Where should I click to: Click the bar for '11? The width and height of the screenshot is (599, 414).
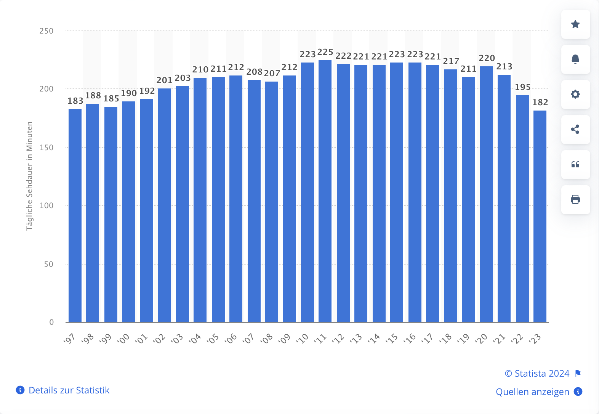click(325, 191)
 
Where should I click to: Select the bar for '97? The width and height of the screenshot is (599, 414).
click(75, 215)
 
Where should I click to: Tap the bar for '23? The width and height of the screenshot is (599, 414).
click(540, 216)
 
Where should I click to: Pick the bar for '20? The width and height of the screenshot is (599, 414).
click(487, 194)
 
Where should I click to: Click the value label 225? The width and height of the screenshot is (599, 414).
click(325, 52)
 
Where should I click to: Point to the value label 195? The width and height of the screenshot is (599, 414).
click(523, 87)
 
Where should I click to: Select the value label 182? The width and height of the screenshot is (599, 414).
click(540, 103)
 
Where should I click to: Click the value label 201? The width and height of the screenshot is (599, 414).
click(165, 80)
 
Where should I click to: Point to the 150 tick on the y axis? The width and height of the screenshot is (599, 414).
click(46, 148)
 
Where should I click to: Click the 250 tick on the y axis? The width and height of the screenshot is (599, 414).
click(46, 31)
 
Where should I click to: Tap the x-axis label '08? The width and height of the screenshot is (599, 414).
click(266, 338)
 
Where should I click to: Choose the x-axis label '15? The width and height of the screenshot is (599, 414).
click(391, 338)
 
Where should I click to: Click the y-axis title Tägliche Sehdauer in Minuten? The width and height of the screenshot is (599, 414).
click(30, 176)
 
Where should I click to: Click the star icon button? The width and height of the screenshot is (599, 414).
click(575, 24)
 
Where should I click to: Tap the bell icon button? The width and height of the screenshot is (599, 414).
click(575, 59)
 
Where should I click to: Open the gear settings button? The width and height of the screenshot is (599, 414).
click(575, 95)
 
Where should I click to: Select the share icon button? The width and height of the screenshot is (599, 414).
click(575, 130)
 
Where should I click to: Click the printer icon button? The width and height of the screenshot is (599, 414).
click(575, 200)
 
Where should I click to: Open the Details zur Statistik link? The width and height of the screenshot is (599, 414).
click(69, 390)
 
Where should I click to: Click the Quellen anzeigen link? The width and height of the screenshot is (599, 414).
click(532, 392)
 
